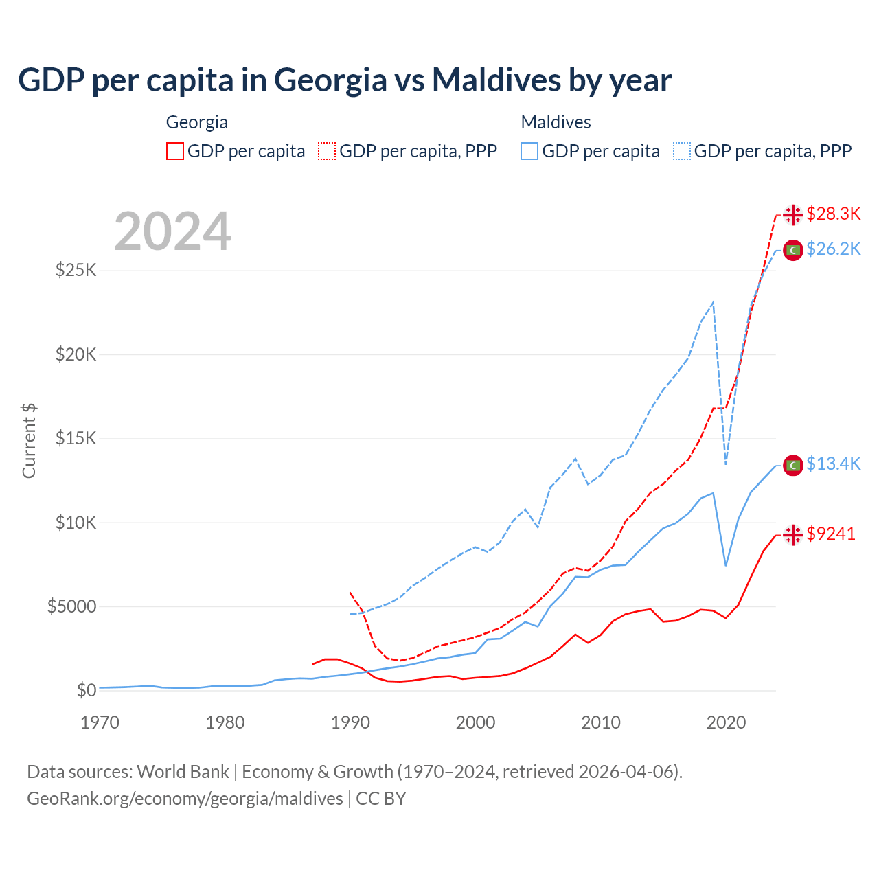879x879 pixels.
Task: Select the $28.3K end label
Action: [833, 214]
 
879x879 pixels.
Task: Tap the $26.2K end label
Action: [833, 249]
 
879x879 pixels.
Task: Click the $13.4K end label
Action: [833, 464]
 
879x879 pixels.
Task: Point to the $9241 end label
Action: [831, 534]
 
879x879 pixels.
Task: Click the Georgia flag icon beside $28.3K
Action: [793, 215]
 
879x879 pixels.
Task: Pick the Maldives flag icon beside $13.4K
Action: [793, 465]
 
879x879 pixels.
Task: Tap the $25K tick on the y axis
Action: [76, 270]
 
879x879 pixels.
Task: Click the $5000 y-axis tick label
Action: [71, 607]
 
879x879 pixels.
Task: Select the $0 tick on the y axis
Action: [86, 691]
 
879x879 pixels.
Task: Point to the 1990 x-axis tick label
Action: [350, 722]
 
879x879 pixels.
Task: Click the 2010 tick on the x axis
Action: [601, 722]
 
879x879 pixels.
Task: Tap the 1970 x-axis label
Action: [100, 722]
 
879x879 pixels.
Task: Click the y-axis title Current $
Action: [29, 441]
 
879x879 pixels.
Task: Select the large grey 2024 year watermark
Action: [172, 232]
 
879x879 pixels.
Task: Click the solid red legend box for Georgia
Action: [175, 151]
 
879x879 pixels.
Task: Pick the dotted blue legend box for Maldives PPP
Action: [682, 151]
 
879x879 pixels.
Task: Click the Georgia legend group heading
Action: [197, 122]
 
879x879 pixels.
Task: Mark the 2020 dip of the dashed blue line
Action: [726, 464]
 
